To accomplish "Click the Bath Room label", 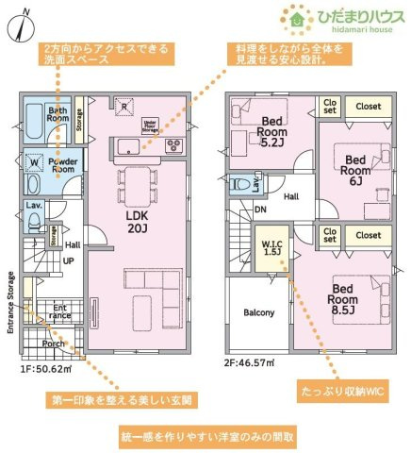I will click(x=58, y=115).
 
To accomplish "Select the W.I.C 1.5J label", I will click(x=271, y=247).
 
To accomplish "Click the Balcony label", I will click(x=258, y=312).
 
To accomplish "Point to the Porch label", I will click(x=53, y=344).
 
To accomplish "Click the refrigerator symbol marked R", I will click(x=123, y=106).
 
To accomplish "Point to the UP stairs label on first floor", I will click(x=68, y=260).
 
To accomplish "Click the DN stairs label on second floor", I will click(x=259, y=210).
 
